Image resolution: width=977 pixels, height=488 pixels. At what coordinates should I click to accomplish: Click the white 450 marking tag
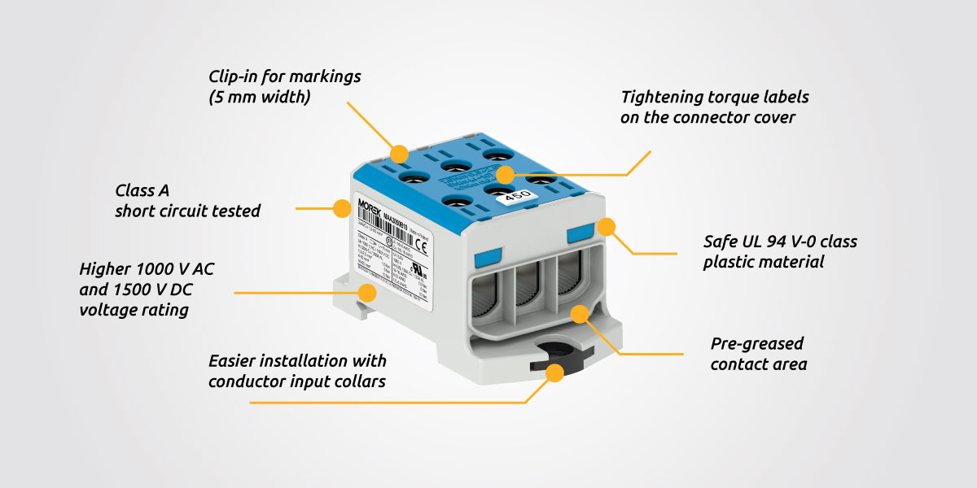coord(513,198)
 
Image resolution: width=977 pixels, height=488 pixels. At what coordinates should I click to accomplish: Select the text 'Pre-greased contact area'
coord(758,354)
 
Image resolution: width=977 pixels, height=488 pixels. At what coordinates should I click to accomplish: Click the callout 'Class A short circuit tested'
coord(187,201)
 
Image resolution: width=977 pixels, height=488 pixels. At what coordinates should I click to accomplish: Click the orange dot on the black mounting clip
coord(556,373)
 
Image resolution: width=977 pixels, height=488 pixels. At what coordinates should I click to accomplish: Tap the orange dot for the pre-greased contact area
coord(580,313)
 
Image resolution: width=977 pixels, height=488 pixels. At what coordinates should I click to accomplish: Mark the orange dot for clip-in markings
coord(399,153)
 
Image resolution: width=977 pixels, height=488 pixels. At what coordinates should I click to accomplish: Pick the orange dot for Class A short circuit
coord(341,208)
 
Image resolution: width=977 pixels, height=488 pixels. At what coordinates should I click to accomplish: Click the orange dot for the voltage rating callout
coord(368,292)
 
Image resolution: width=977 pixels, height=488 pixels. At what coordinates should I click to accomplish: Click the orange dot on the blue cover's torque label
coord(506,174)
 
